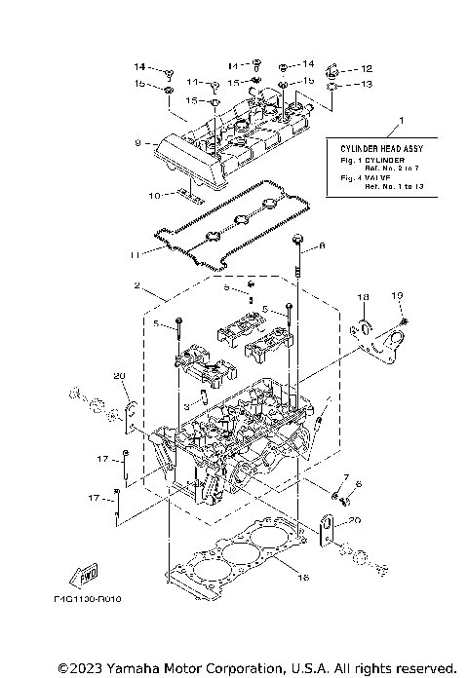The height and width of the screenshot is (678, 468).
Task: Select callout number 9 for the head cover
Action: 138,143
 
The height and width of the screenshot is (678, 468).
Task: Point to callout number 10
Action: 153,196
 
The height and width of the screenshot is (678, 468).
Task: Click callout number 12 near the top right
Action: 367,69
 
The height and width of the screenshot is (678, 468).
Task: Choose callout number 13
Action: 367,84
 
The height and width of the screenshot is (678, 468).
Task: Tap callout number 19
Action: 396,295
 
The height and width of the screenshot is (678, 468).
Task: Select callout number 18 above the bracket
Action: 362,295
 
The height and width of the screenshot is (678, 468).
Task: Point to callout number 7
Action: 345,476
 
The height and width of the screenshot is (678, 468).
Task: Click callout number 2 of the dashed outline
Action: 139,287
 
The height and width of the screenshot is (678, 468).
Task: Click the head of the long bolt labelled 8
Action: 299,240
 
